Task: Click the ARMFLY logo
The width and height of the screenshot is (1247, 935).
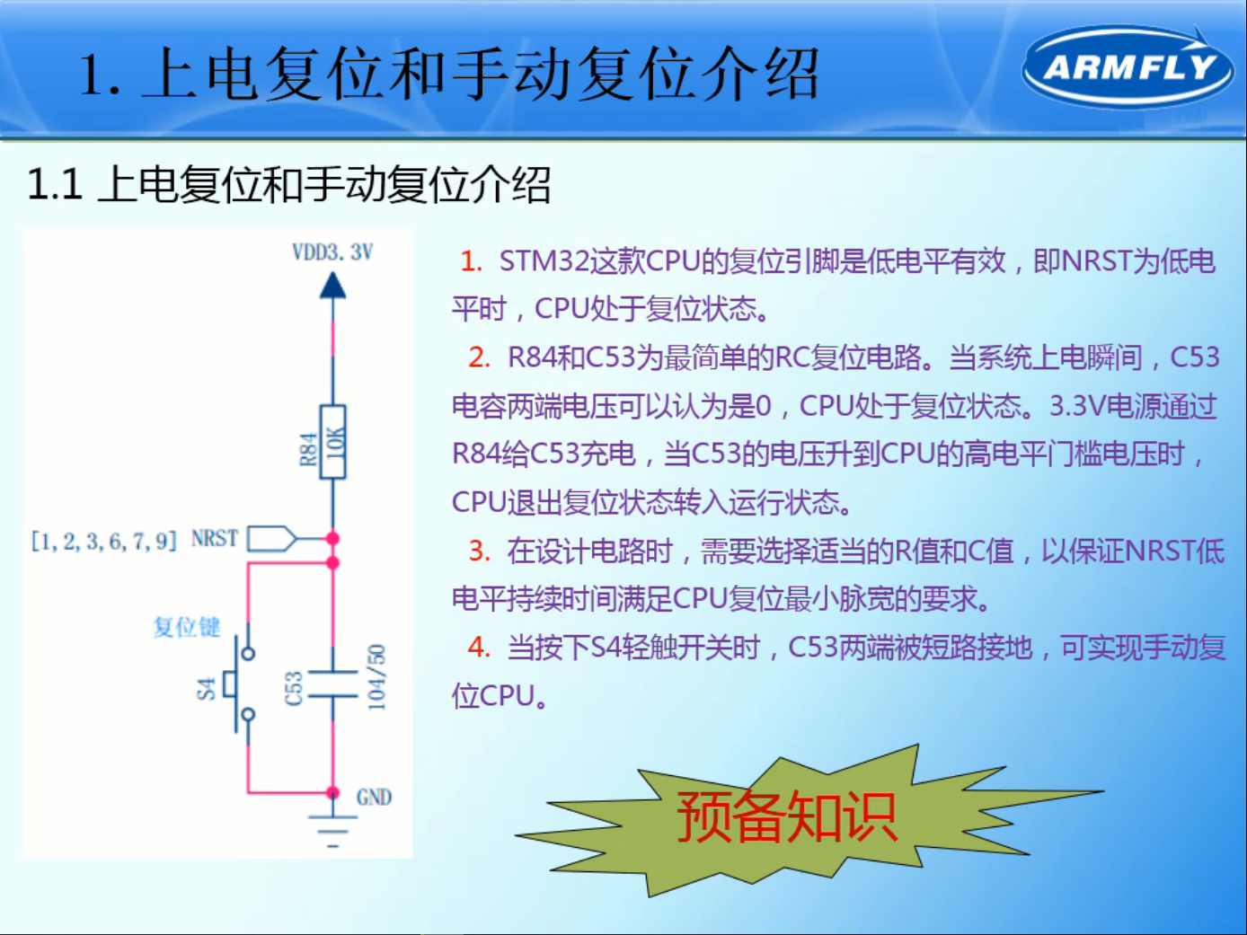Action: (1128, 67)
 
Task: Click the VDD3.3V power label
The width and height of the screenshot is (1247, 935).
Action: (332, 252)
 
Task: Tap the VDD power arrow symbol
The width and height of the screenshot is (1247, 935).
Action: (332, 286)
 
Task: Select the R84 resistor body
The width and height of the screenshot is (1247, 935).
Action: (333, 442)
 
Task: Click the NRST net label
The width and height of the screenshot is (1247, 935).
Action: (215, 539)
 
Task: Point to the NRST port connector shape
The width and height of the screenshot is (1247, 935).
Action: (271, 539)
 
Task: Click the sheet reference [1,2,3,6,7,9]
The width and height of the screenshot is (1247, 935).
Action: (103, 541)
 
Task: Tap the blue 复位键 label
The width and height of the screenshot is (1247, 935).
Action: (186, 627)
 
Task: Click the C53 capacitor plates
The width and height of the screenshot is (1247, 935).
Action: (332, 684)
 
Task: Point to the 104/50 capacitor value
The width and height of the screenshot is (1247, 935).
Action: (376, 677)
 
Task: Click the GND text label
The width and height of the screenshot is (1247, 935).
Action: (374, 798)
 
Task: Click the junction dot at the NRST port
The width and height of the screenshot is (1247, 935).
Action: (332, 539)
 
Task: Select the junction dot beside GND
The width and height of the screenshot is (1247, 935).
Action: (332, 793)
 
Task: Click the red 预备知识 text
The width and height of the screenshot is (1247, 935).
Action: (786, 816)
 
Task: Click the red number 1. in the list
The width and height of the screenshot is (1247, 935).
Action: (471, 261)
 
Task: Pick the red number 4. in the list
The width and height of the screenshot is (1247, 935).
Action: (479, 648)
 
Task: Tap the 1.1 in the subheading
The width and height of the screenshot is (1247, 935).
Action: (55, 185)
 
